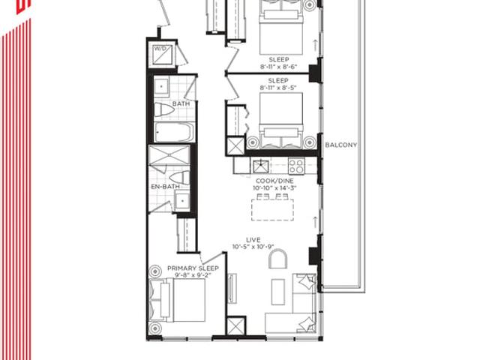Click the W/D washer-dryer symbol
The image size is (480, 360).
coord(162,55)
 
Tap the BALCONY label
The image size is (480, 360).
coord(340,145)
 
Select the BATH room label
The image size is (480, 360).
coord(181,103)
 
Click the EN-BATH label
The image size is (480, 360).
coord(165,187)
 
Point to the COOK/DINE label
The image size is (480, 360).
coord(274,181)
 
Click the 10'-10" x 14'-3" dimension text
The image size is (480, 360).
coord(274,188)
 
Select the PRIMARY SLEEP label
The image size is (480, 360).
coord(193,268)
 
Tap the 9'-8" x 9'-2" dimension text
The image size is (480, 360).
coord(193,275)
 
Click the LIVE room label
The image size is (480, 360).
coord(253,240)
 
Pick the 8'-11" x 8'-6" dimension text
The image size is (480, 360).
coord(278,67)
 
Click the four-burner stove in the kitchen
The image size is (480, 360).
coord(296,166)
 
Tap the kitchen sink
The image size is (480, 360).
coord(260,166)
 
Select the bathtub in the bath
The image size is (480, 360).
coord(175,132)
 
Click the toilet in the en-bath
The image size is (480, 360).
coord(180,178)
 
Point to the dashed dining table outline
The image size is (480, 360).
coord(272,210)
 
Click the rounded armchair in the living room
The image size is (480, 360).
coord(277,259)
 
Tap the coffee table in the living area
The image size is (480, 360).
coord(277,292)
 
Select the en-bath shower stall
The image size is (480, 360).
coord(169,155)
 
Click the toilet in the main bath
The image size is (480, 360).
coord(164,110)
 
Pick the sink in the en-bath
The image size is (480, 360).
coord(182,200)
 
